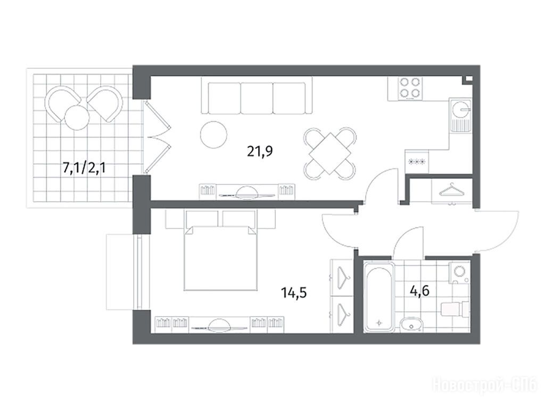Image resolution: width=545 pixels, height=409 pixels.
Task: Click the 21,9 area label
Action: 260,151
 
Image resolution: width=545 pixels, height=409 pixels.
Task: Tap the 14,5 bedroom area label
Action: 294,293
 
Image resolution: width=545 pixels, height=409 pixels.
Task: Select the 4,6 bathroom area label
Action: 420,290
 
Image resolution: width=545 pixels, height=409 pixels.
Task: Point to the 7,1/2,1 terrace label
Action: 84,169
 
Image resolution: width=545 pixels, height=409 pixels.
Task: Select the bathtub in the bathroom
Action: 379,296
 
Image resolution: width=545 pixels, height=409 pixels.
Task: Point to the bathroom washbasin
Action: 411,324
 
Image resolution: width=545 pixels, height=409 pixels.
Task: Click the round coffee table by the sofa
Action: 214,134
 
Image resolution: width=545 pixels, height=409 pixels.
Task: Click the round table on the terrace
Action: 77,117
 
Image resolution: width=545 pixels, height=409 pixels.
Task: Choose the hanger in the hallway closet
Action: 451,190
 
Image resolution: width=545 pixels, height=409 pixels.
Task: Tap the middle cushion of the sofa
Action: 257,98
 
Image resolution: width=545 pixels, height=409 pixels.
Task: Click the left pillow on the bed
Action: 202,219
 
